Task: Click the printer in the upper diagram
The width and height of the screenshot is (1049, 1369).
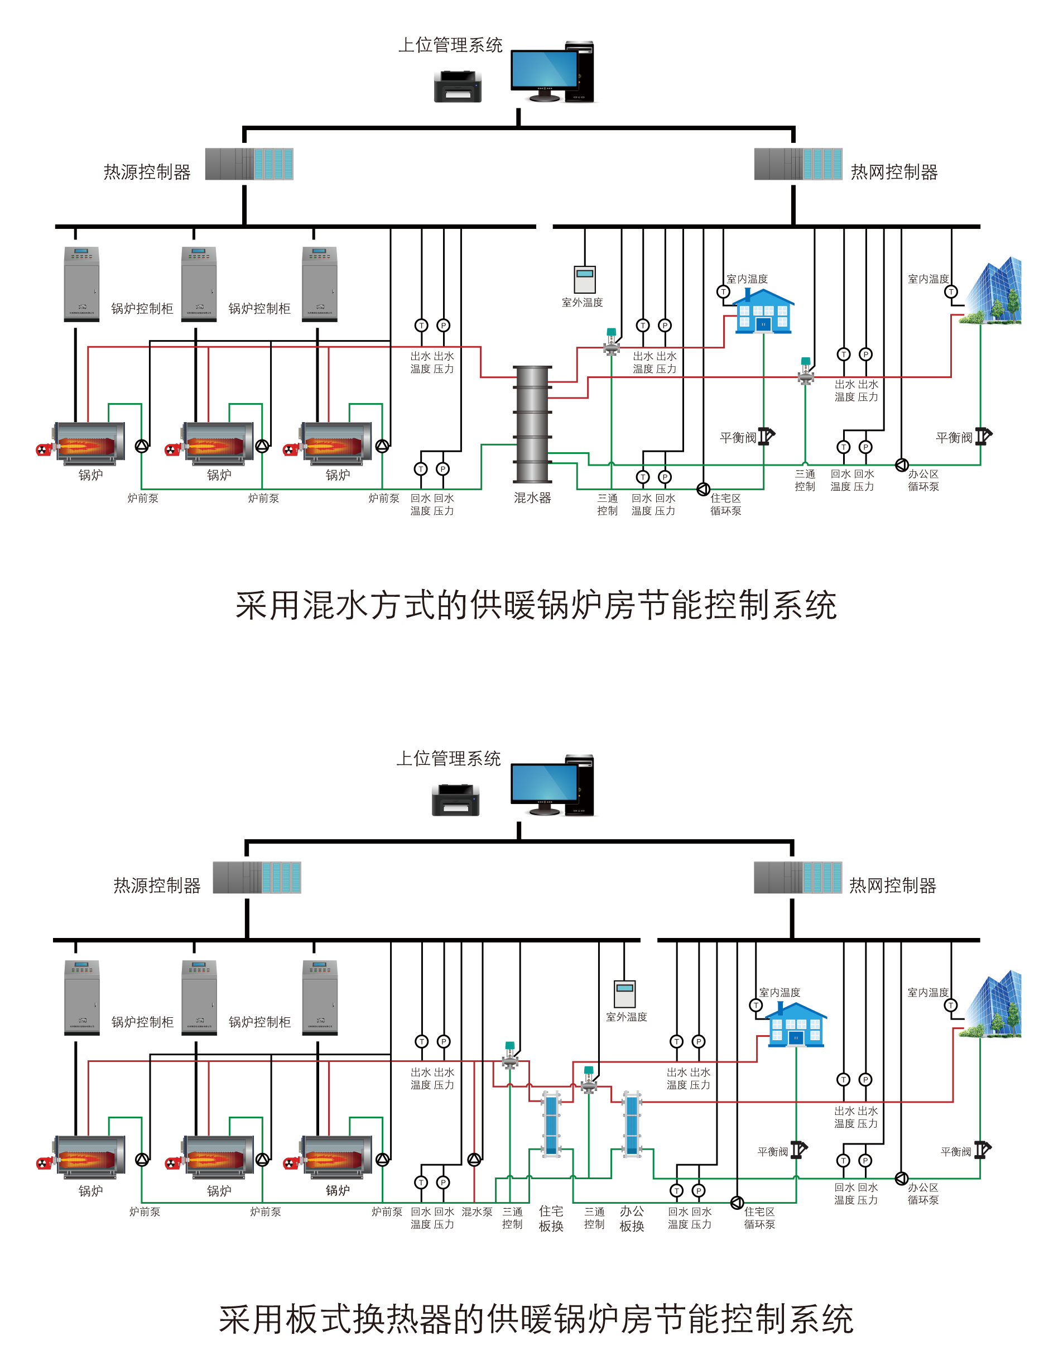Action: click(458, 87)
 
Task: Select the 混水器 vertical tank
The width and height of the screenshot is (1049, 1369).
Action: click(532, 424)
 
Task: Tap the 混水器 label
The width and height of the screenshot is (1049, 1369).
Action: click(532, 498)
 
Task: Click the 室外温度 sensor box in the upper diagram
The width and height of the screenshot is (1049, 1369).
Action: click(584, 279)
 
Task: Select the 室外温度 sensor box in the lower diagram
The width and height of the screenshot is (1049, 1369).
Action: click(624, 993)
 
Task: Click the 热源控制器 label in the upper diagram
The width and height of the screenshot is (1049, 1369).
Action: click(147, 172)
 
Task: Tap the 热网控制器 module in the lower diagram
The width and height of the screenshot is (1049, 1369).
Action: click(797, 877)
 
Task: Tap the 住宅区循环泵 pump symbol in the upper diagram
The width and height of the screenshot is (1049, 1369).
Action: click(703, 489)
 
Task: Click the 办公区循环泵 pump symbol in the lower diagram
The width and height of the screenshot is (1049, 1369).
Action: click(901, 1179)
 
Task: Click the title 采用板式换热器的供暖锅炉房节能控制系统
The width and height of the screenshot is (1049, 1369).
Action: click(536, 1319)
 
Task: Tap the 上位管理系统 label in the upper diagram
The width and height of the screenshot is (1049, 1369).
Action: click(450, 45)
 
